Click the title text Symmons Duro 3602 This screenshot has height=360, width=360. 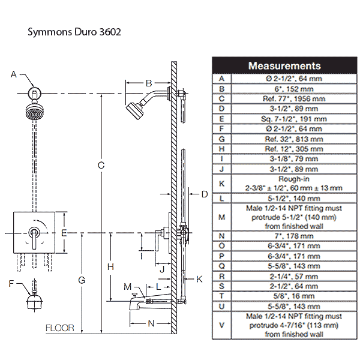(x=74, y=32)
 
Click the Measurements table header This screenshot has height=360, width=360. (x=284, y=65)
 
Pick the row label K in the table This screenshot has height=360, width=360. (x=221, y=183)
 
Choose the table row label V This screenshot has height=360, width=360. (x=221, y=325)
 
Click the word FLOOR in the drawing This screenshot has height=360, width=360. (x=60, y=328)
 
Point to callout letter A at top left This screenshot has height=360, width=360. (x=13, y=74)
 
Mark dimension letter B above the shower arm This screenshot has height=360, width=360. (x=149, y=83)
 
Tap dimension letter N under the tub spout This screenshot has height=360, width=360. (x=151, y=323)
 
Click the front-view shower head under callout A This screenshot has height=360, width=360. (x=35, y=112)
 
